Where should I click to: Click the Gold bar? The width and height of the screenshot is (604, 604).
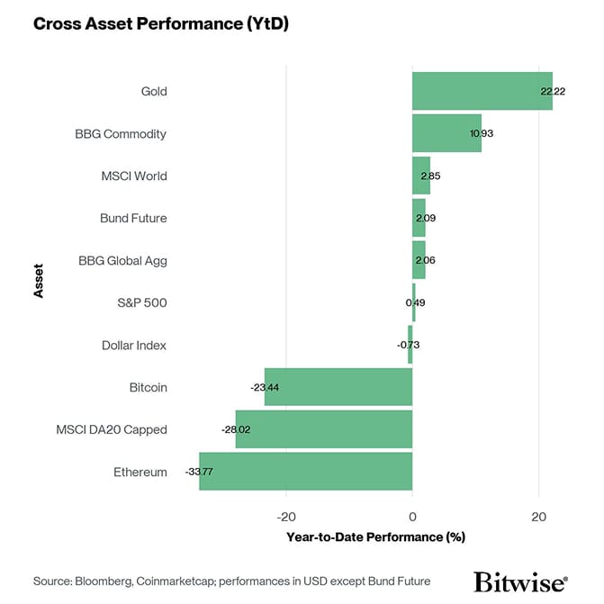482,91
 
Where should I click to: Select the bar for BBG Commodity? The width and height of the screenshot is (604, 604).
446,133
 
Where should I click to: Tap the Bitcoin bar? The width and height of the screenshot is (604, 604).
338,387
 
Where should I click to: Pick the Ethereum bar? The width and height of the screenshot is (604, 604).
306,472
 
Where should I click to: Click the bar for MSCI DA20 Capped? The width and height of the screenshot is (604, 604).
324,429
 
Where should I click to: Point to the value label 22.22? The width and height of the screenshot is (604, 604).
553,91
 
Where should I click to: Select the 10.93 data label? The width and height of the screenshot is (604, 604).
482,133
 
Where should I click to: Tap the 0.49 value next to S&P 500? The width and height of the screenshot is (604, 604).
415,302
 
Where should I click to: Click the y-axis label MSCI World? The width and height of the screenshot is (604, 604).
133,176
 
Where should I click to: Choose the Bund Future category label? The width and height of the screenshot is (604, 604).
133,218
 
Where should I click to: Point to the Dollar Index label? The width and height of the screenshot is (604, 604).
133,345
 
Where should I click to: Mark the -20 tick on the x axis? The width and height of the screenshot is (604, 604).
286,517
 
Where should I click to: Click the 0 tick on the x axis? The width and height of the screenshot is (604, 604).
412,517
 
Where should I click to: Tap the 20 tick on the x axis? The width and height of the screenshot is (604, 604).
538,517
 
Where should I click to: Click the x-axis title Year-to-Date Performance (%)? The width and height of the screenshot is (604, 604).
375,537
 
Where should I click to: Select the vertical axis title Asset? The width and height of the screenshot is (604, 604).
39,281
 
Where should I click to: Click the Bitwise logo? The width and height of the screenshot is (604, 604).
520,580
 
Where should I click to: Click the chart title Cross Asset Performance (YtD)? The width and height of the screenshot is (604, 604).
160,23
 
